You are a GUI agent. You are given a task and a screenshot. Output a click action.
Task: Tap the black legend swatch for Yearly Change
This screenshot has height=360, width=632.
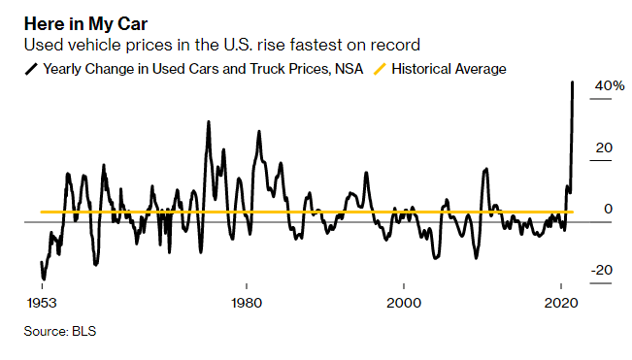point(32,69)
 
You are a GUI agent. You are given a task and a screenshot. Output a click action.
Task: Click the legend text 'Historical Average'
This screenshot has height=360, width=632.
point(448,69)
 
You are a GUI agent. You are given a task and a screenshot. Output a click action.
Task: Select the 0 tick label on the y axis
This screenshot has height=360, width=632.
point(607,209)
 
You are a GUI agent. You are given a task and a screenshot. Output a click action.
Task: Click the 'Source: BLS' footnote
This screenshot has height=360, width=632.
point(60,331)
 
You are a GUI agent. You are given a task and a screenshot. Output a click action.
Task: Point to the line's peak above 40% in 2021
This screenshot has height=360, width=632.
point(573,82)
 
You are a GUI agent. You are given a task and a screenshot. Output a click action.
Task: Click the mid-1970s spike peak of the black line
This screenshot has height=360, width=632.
point(208,121)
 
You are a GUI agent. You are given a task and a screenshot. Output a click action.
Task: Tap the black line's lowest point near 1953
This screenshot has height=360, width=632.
point(44,278)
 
